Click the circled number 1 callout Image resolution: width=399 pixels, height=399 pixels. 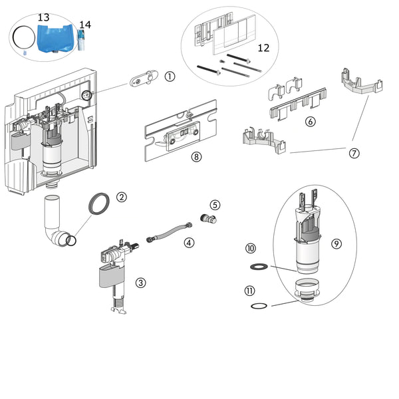(170, 76)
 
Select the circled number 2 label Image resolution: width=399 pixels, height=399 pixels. (122, 197)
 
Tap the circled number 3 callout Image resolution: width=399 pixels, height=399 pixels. (141, 283)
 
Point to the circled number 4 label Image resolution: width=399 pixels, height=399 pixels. (190, 243)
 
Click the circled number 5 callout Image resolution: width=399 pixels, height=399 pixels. (215, 205)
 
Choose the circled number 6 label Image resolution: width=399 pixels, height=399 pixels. (310, 122)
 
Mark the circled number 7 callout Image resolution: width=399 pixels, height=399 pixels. (354, 153)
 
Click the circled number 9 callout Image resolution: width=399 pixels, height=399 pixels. (336, 244)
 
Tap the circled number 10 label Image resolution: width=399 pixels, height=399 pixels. (251, 248)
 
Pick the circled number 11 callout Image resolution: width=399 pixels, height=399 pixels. (251, 290)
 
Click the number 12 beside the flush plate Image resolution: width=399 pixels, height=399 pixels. (264, 48)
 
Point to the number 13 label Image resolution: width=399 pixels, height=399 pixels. (43, 16)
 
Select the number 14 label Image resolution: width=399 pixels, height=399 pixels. (84, 25)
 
